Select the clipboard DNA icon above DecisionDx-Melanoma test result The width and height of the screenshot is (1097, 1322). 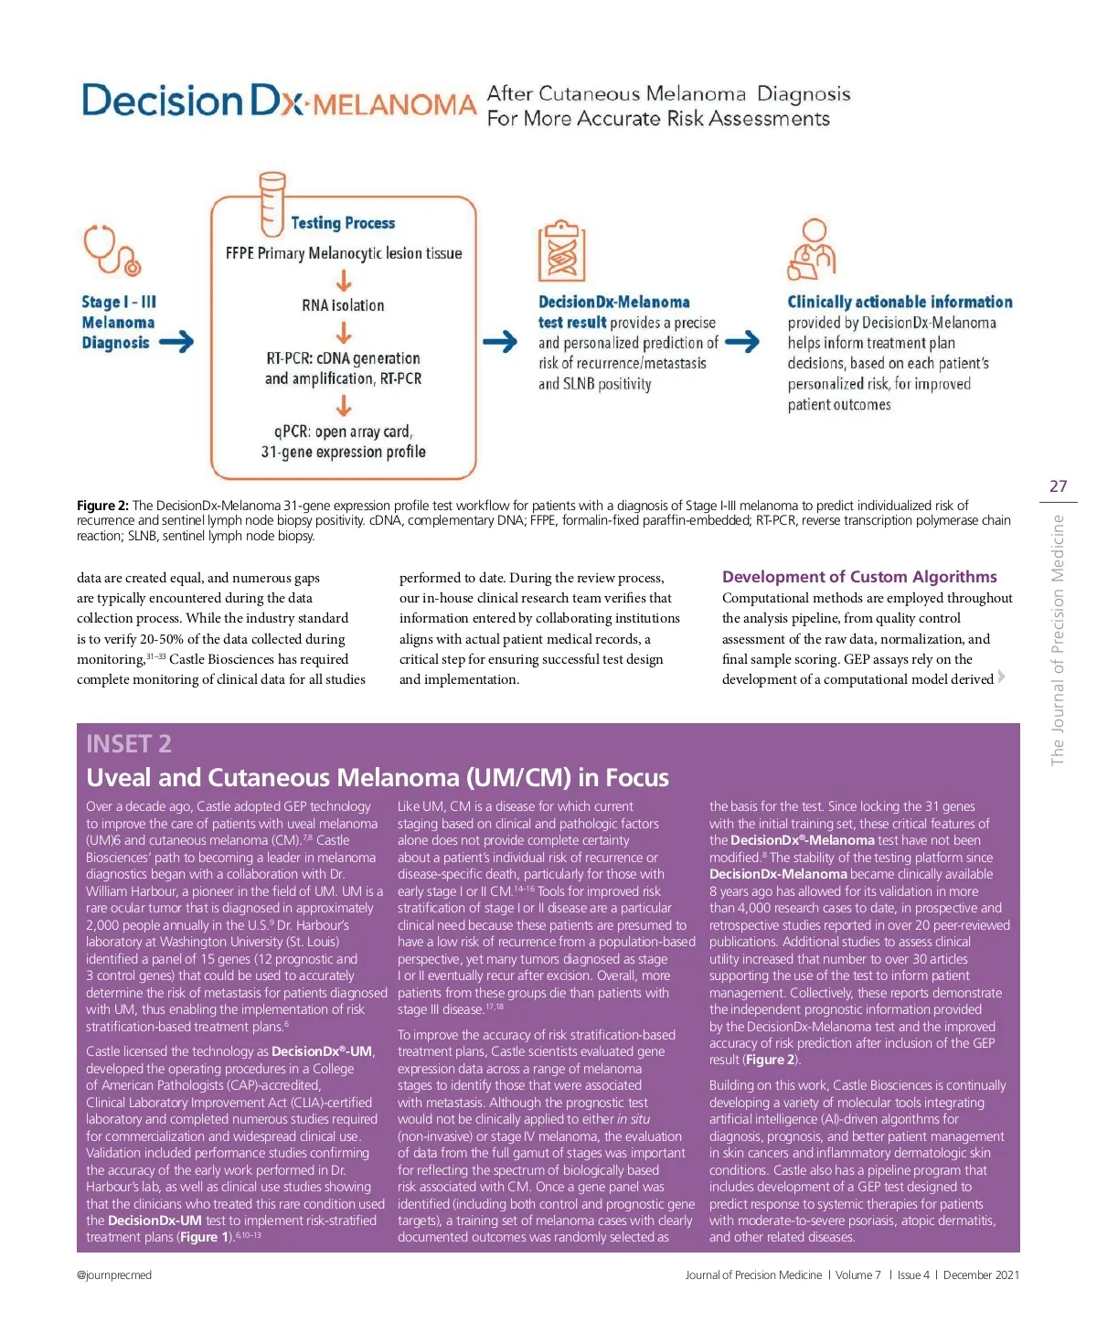point(561,251)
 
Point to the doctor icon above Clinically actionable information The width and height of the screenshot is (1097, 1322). point(811,250)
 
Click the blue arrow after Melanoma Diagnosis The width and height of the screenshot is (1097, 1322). point(176,343)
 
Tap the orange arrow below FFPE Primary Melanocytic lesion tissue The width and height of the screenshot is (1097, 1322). point(344,280)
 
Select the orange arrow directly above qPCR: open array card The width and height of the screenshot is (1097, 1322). point(344,405)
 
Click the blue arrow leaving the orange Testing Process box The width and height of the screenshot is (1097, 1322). point(500,342)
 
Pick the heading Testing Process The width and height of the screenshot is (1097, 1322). point(343,223)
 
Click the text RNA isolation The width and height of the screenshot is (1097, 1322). point(343,305)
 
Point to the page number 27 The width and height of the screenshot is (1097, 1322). point(1058,486)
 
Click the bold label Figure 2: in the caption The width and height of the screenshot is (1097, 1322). point(102,506)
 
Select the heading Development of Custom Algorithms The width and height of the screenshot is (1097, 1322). point(859,577)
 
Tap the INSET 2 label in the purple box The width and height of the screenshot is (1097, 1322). point(129,744)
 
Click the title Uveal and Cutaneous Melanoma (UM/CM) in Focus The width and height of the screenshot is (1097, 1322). point(378,778)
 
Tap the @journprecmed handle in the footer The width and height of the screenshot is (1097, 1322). point(114,1275)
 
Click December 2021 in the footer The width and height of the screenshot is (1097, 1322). point(981,1275)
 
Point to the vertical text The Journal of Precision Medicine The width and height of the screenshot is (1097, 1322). point(1058,640)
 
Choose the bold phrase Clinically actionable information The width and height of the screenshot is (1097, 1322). point(900,302)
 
